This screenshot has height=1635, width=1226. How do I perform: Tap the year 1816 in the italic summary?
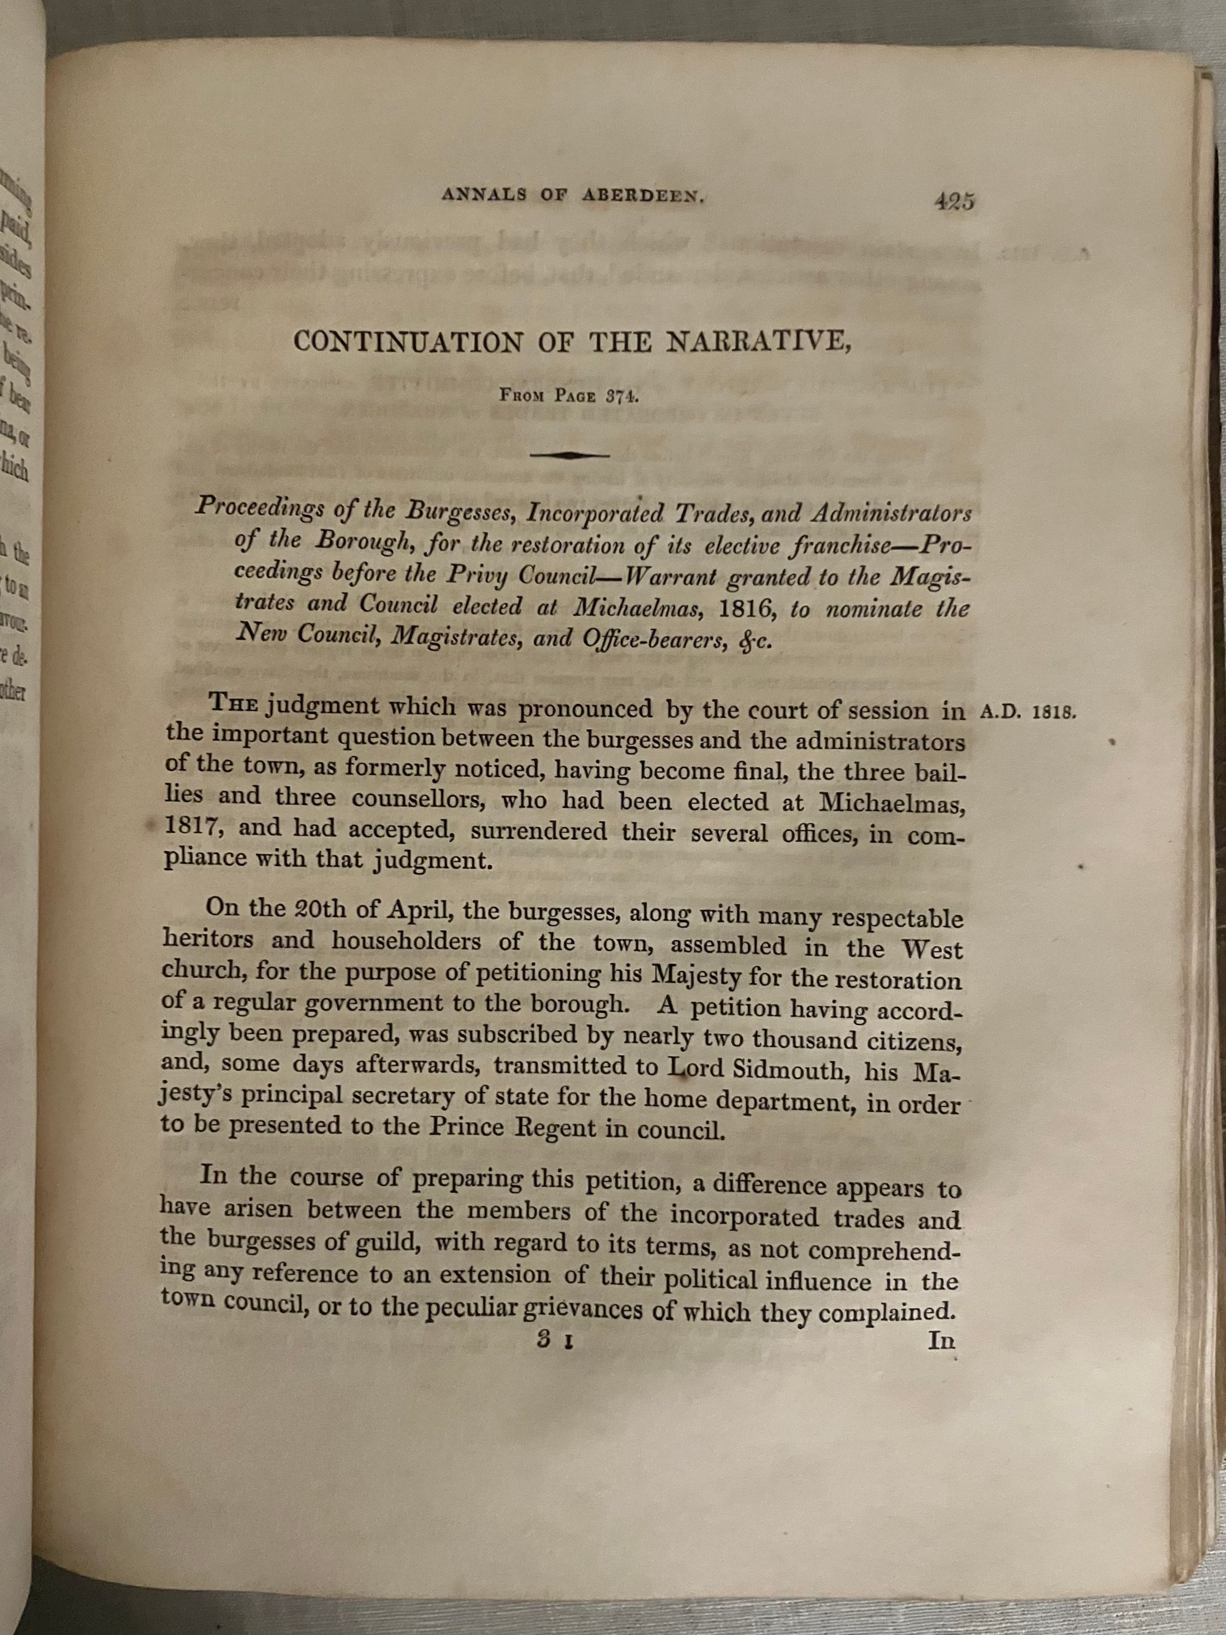(x=744, y=609)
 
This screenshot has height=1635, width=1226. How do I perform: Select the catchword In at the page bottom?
(x=941, y=1340)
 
